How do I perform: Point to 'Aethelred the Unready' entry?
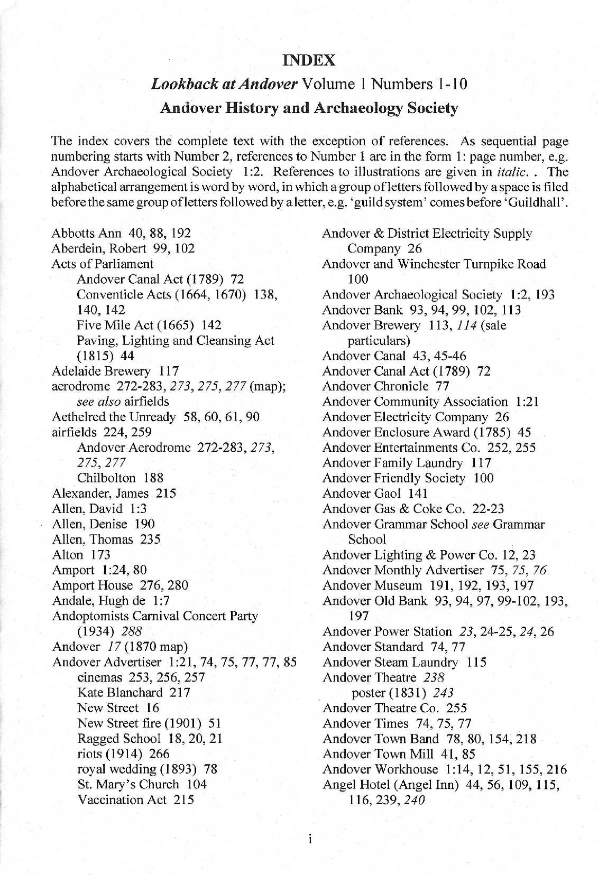[114, 417]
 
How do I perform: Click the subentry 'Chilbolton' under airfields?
[106, 478]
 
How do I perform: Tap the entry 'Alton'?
[68, 554]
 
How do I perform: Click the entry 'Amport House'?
[93, 585]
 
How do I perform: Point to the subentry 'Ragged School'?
[118, 738]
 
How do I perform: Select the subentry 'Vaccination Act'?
[122, 799]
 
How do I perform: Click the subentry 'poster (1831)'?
[390, 693]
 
